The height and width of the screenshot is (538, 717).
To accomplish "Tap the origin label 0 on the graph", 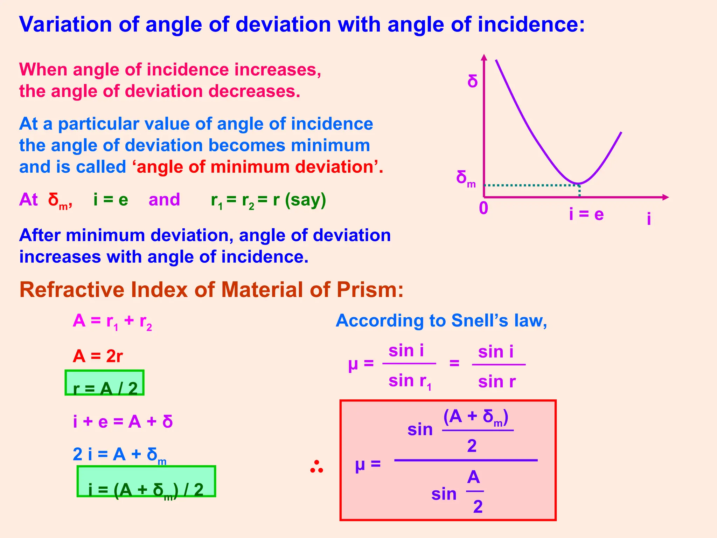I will point(483,208).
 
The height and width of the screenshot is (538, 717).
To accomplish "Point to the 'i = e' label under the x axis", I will point(586,214).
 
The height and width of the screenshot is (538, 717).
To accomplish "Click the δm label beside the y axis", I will point(465,179).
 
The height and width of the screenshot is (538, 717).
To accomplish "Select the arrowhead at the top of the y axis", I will point(484,57).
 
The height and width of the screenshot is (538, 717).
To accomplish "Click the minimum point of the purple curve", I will point(578,184).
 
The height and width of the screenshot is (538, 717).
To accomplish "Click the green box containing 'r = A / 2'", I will point(105,383).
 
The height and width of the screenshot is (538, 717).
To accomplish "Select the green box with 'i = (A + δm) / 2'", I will point(146,481).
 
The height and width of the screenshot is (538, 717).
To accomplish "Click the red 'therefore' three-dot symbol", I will point(316,467).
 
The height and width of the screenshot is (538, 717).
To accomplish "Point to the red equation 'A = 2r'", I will point(98,356).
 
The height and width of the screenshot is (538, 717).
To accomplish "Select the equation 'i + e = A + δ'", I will point(123,421).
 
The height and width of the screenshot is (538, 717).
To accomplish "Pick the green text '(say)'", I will point(305,200).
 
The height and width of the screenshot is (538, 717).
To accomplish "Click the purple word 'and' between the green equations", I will point(164,200).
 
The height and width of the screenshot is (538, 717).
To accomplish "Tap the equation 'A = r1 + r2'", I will point(112,321).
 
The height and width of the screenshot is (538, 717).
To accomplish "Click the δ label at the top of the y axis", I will point(473,82).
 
